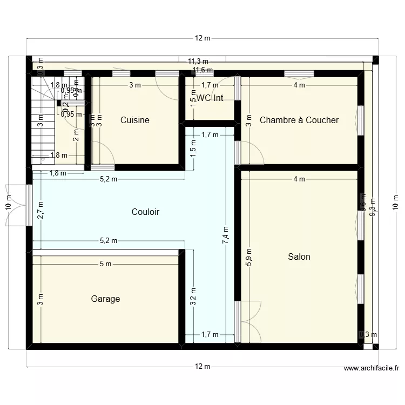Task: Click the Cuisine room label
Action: point(134,120)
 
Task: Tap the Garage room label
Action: point(105,299)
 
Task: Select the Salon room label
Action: point(299,256)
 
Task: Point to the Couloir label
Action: point(145,212)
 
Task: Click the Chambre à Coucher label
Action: point(299,120)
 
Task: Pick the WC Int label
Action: point(210,98)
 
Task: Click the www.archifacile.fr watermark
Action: point(372,369)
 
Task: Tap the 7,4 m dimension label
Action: point(226,235)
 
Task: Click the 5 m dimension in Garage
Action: point(105,264)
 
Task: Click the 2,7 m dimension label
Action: point(40,210)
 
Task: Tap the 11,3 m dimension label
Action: point(198,62)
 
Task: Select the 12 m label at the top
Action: point(202,38)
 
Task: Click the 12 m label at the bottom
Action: point(202,367)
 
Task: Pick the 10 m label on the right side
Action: point(396,202)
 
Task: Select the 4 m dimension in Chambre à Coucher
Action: point(299,85)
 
